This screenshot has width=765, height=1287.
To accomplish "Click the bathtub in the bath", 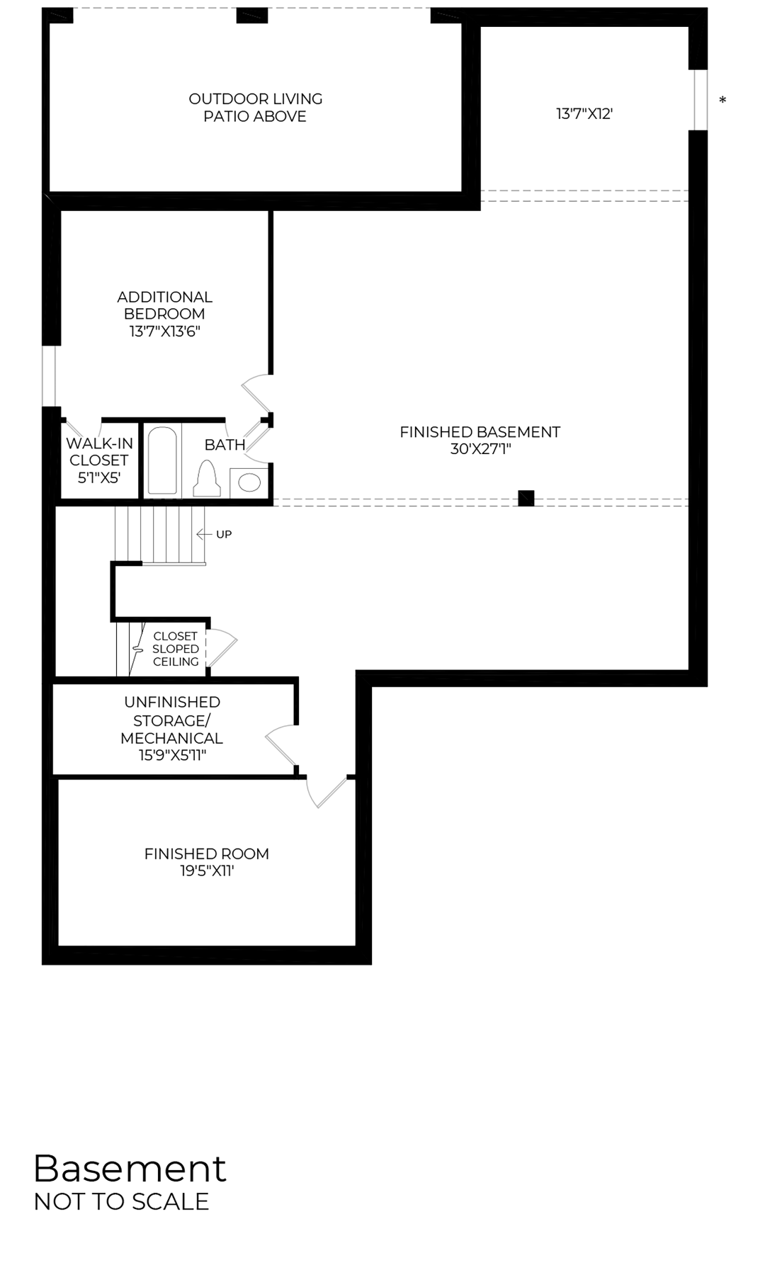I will pos(162,460).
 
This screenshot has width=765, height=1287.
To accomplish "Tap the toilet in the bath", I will pos(207,480).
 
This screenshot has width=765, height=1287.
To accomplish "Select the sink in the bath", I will pos(249,482).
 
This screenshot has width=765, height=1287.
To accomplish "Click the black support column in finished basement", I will pos(526,498).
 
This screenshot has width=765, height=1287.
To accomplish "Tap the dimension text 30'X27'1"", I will pos(480,449).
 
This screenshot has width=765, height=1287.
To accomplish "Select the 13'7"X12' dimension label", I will pos(584,114).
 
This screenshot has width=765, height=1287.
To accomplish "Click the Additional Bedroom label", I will pos(164,314).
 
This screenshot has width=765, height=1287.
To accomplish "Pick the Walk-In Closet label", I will pos(99,460).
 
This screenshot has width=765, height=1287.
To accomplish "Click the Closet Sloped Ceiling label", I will pos(176,649).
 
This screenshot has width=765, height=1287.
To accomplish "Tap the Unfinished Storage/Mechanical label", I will pos(172,729).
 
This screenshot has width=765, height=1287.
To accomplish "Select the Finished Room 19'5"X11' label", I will pos(207,862).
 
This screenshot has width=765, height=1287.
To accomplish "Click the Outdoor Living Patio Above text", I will pos(255,108).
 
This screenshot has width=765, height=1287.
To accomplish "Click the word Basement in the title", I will pos(130,1168).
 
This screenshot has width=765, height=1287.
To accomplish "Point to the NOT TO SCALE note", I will pos(121,1202).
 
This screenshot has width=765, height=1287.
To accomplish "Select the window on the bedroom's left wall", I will pos(50,376).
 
